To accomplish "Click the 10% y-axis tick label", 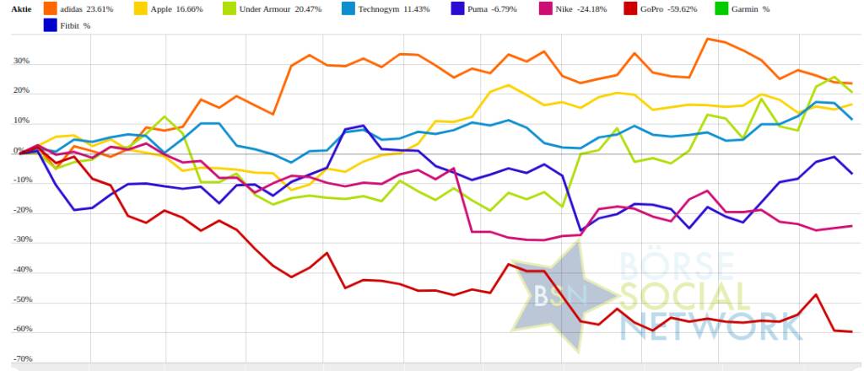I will coord(21,121).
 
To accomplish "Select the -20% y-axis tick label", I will coord(20,211).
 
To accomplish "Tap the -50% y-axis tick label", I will coord(20,300).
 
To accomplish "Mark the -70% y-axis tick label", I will coord(20,359).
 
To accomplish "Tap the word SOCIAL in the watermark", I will coord(683,298).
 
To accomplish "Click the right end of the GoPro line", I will coord(851,331).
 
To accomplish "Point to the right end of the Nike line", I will coord(851,226).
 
